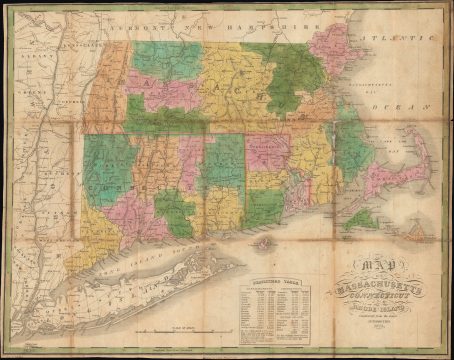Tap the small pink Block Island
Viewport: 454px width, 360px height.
tap(264, 242)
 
